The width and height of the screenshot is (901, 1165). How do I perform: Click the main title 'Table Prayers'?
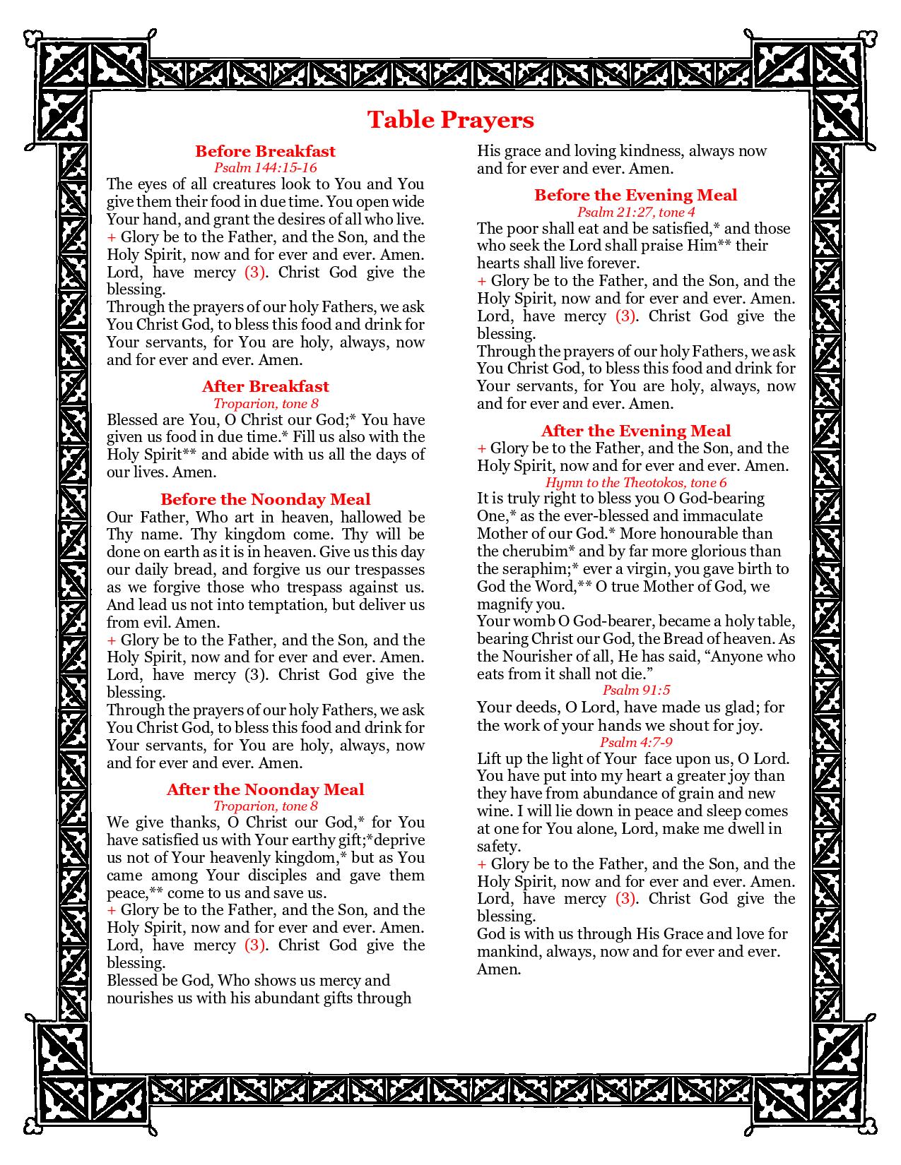tap(450, 119)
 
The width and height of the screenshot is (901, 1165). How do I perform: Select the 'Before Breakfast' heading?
tap(265, 151)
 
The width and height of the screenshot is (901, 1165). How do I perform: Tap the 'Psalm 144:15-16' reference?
tap(265, 167)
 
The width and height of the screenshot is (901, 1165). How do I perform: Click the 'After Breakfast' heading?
tap(265, 386)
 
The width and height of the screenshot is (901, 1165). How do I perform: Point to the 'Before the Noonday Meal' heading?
tap(265, 500)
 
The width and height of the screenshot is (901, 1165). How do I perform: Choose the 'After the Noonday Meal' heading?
tap(265, 789)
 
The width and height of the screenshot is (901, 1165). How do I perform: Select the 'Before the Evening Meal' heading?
tap(635, 195)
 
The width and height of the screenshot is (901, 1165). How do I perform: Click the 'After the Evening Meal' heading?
tap(635, 431)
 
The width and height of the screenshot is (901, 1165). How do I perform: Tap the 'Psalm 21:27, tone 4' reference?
tap(635, 212)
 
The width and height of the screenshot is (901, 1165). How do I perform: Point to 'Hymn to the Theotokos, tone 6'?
tap(635, 482)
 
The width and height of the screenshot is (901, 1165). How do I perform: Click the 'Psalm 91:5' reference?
tap(635, 690)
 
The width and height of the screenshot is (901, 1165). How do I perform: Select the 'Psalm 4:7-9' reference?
tap(635, 742)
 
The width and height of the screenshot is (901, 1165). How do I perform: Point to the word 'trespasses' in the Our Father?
tap(388, 570)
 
